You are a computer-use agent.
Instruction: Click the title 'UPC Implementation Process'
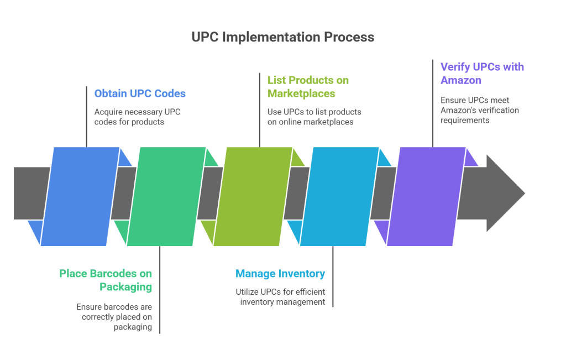click(282, 37)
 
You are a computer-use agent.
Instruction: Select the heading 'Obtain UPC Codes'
click(140, 93)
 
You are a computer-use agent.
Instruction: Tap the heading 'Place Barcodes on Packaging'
click(106, 280)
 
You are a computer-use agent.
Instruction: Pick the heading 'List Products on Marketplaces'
click(308, 87)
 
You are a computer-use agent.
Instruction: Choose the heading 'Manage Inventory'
click(280, 274)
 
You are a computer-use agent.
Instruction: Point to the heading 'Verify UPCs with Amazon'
click(482, 74)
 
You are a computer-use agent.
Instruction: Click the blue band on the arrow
click(81, 196)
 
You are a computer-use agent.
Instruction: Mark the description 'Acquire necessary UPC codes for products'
click(138, 117)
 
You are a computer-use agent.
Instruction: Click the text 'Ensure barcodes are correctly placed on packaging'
click(114, 316)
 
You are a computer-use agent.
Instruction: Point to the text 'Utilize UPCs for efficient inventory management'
click(280, 297)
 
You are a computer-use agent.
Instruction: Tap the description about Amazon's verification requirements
click(480, 110)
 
